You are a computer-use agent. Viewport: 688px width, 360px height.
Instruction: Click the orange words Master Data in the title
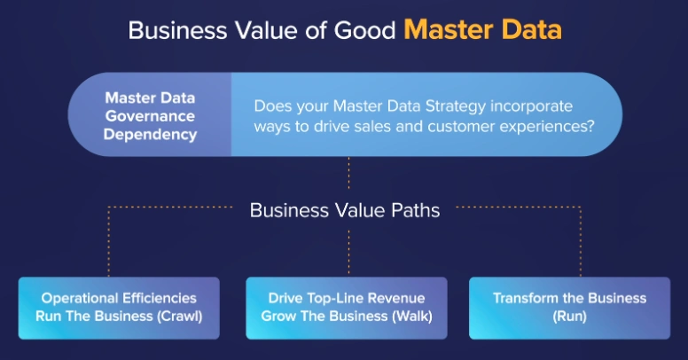pyautogui.click(x=482, y=30)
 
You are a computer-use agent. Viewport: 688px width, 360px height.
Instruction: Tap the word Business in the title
pyautogui.click(x=177, y=31)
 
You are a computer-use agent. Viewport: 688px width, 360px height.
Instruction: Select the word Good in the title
pyautogui.click(x=365, y=31)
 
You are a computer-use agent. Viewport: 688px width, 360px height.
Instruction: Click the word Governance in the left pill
pyautogui.click(x=150, y=116)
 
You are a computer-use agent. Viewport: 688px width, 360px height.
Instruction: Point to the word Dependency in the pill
pyautogui.click(x=150, y=135)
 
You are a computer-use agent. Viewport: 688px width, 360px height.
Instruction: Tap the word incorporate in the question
pyautogui.click(x=531, y=106)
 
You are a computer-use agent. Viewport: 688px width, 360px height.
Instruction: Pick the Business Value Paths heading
pyautogui.click(x=345, y=210)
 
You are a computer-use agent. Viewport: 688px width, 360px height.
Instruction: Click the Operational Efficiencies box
pyautogui.click(x=119, y=308)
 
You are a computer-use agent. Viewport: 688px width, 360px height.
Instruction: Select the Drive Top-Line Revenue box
pyautogui.click(x=347, y=308)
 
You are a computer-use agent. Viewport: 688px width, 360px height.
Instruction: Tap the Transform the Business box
pyautogui.click(x=569, y=308)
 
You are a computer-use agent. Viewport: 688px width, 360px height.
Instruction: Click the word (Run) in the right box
pyautogui.click(x=569, y=316)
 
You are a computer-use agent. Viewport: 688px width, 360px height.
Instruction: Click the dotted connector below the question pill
pyautogui.click(x=348, y=173)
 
